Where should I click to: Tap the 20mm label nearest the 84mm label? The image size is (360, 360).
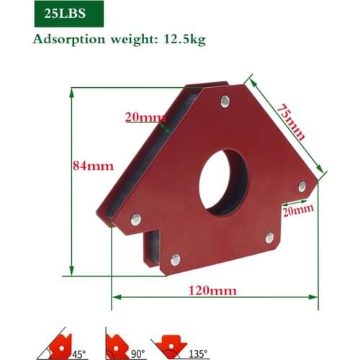[141, 117]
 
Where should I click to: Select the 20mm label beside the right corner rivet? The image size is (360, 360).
[297, 210]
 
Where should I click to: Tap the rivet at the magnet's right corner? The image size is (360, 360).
[302, 186]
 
